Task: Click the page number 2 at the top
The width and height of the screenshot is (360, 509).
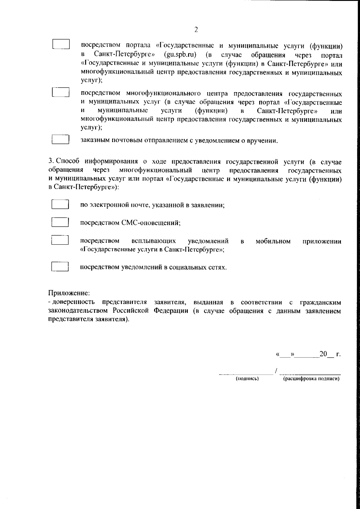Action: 196,29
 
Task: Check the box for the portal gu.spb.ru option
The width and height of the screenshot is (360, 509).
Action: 61,44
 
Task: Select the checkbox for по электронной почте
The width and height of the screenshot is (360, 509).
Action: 60,205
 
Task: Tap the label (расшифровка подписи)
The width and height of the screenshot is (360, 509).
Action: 311,379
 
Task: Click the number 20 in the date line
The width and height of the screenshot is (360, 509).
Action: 323,354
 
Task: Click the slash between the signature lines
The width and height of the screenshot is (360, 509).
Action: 275,371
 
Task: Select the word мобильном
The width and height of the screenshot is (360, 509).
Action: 273,241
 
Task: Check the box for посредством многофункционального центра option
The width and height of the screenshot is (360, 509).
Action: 61,92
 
